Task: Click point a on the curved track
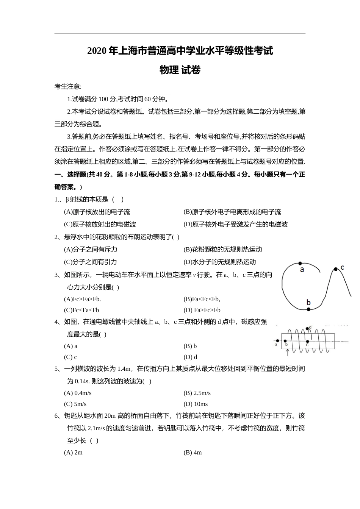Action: pos(300,263)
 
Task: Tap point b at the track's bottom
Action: pos(308,309)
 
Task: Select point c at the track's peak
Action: pos(336,269)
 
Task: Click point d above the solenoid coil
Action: pos(307,328)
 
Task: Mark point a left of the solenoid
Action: pos(278,340)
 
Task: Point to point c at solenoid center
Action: pos(307,340)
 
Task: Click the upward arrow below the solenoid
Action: pos(288,352)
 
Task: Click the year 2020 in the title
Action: pos(97,51)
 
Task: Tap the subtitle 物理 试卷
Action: pos(180,70)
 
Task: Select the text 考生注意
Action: pos(67,87)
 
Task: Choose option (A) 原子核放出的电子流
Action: pos(97,212)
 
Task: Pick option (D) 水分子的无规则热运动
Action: pos(220,262)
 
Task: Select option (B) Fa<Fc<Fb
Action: pos(202,299)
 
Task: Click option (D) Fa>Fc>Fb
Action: pos(202,310)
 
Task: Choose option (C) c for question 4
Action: pos(70,357)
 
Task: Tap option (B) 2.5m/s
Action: pos(197,393)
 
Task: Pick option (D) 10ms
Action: pos(196,404)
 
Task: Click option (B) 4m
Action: pos(193,453)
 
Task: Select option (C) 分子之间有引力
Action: pos(91,262)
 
